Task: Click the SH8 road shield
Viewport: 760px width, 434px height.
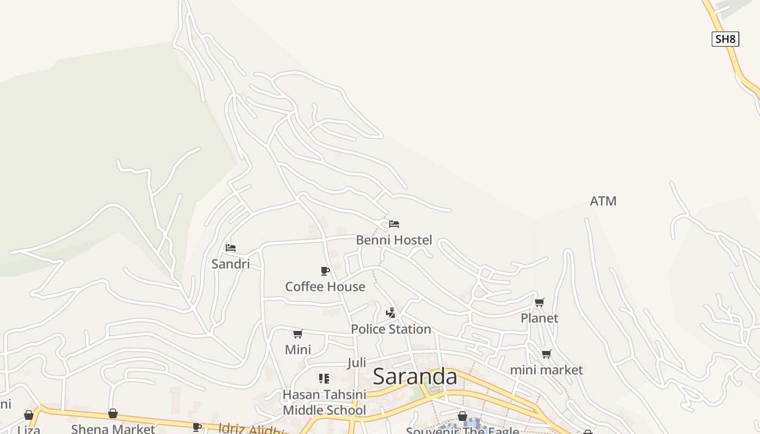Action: tap(725, 39)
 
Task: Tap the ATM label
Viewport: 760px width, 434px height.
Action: tap(603, 201)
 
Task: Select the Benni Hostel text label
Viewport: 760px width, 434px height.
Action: tap(394, 240)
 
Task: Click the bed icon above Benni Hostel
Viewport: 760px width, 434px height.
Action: tap(394, 224)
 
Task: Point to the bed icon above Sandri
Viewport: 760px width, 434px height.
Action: tap(231, 248)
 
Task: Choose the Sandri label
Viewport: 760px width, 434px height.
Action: tap(231, 264)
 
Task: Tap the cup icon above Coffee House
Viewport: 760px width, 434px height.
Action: tap(325, 271)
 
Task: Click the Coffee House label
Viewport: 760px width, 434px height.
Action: tap(325, 286)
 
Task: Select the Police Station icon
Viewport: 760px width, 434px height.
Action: tap(390, 312)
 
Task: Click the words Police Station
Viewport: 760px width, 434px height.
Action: tap(391, 329)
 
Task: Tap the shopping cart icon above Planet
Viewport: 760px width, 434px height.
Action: tap(539, 302)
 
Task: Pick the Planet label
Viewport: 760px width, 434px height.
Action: tap(539, 318)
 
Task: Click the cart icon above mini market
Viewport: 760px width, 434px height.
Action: tap(546, 354)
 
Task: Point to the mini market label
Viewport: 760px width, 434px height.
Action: tap(546, 370)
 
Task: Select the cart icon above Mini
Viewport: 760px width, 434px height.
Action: tap(297, 334)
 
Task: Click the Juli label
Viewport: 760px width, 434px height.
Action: tap(357, 362)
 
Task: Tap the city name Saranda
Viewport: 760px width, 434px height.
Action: tap(415, 376)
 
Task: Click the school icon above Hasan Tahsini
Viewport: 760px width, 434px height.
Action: tap(324, 378)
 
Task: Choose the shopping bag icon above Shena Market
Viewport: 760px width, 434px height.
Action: tap(113, 414)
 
